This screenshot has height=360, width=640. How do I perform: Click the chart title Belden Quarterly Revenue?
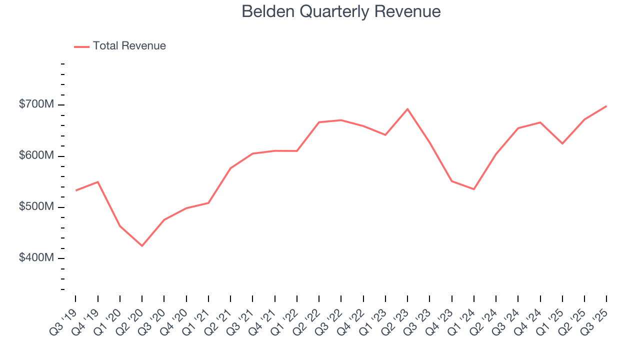point(341,11)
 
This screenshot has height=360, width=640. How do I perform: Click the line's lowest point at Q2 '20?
point(142,246)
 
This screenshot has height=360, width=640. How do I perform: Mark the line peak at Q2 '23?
point(407,109)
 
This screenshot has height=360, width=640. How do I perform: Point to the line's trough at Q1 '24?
point(473,189)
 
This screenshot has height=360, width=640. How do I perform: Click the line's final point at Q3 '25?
point(606,106)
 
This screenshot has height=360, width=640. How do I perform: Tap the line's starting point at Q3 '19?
point(76,190)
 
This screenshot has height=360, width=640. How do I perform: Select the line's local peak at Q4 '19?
point(98,182)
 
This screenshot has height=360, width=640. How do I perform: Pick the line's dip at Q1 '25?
point(562,143)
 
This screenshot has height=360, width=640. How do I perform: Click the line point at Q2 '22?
point(319,122)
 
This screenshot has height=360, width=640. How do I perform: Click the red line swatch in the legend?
point(81,46)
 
